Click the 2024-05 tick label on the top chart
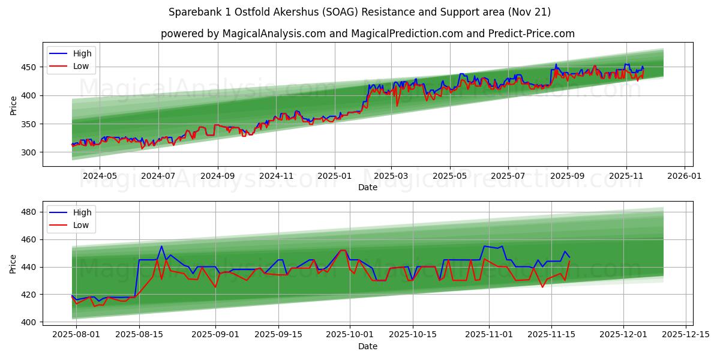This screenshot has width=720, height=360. (x=99, y=176)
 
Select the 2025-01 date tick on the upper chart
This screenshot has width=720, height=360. (x=334, y=176)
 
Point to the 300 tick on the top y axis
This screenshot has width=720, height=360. (x=31, y=152)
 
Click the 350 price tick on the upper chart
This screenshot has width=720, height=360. (x=31, y=124)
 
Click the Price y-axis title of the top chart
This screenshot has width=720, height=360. (x=13, y=105)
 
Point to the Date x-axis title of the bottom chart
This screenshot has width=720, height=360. (x=368, y=346)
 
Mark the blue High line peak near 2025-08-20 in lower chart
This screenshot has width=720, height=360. (x=161, y=246)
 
